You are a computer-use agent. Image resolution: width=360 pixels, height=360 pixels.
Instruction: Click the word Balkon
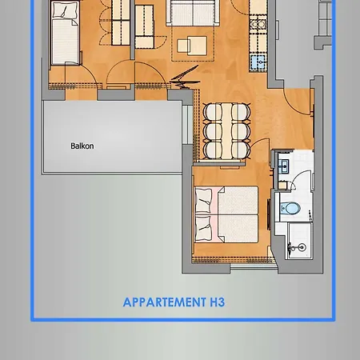82,146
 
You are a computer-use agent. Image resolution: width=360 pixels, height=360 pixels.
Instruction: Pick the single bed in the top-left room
63,36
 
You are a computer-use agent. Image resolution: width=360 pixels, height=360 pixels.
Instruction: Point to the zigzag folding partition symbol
182,78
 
